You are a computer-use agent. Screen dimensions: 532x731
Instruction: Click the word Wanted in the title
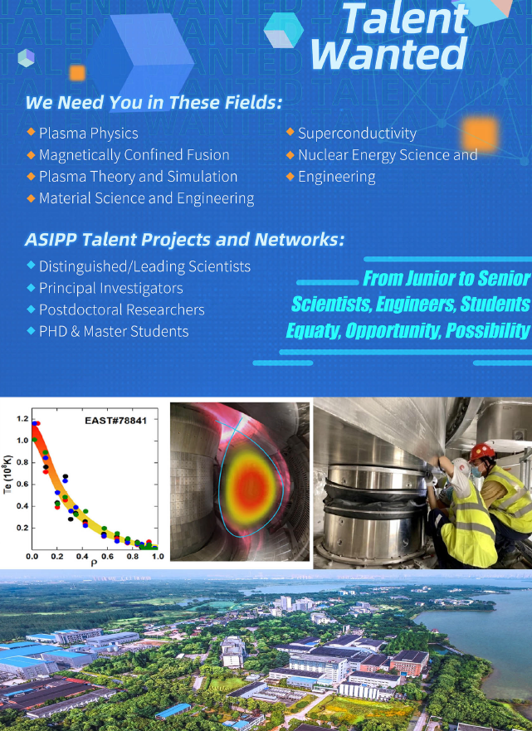coord(388,54)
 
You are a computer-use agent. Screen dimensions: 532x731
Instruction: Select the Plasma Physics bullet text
coord(89,134)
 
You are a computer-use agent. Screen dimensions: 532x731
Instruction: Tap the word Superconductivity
coord(357,134)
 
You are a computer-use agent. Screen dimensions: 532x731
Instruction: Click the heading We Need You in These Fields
coord(154,103)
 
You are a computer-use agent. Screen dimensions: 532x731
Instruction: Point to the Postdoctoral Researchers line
coord(122,309)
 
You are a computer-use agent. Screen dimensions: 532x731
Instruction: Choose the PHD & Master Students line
coord(114,331)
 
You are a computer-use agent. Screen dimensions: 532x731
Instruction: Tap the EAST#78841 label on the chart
coord(115,421)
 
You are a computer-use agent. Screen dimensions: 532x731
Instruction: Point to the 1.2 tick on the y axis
coord(22,419)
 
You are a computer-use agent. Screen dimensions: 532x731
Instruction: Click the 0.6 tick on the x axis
coord(107,556)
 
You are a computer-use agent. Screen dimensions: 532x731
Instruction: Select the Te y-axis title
coord(7,474)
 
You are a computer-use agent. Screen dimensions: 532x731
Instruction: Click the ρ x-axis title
coord(94,563)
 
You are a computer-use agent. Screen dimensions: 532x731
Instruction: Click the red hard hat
coord(481,451)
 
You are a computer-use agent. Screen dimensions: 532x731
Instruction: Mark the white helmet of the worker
coord(461,468)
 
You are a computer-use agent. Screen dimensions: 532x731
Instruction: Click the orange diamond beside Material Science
coord(32,198)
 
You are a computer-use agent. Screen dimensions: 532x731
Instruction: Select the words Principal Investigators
coord(111,288)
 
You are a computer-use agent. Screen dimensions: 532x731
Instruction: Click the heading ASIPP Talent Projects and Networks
coord(184,240)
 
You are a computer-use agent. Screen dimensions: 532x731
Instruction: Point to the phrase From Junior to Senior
coord(447,278)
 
